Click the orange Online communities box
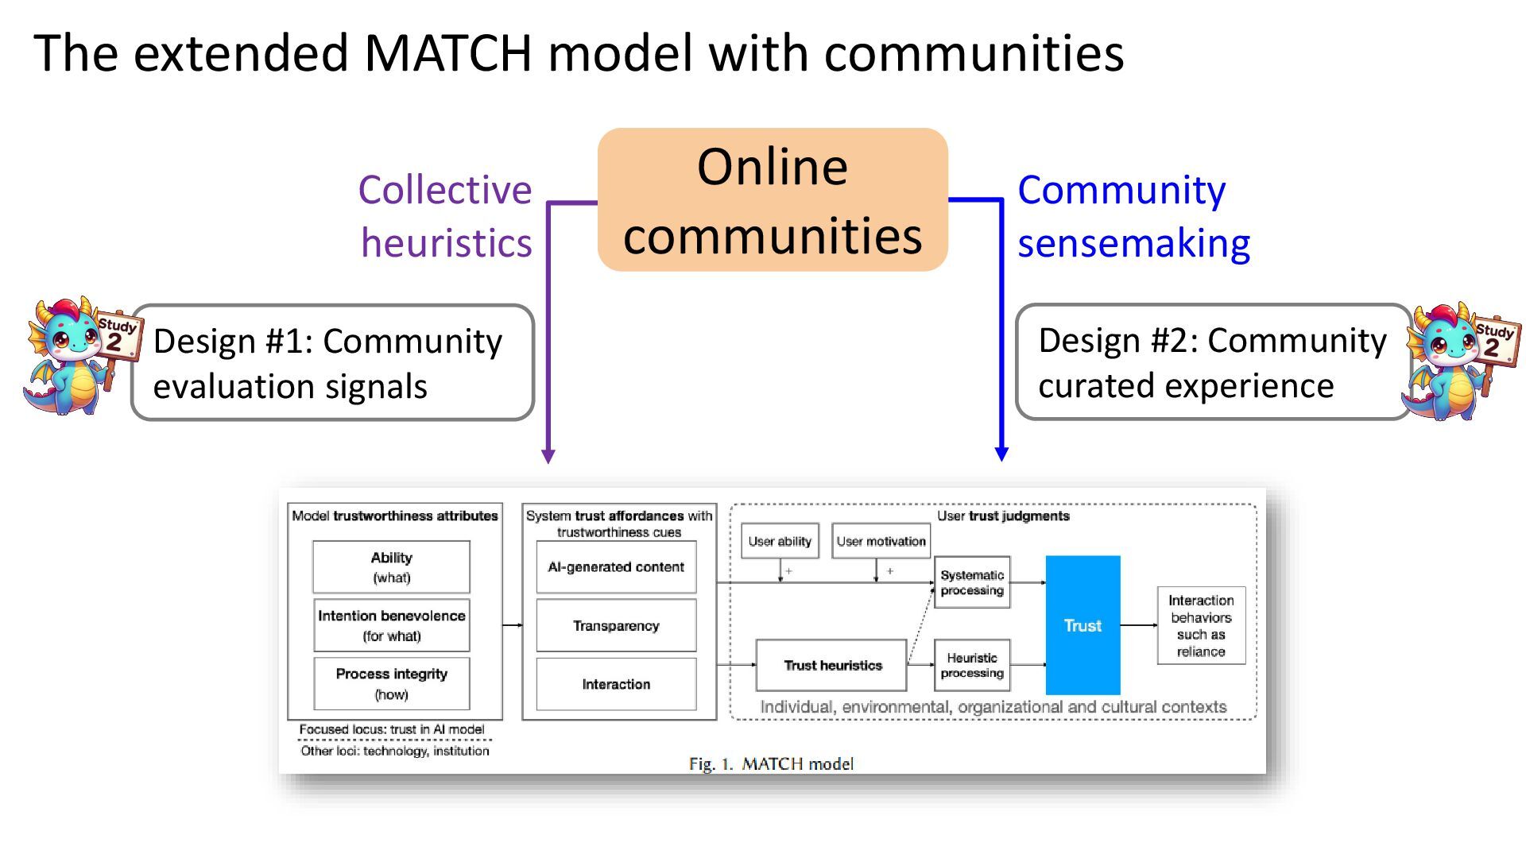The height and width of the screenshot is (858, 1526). [772, 200]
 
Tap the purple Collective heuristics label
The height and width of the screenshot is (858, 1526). [445, 216]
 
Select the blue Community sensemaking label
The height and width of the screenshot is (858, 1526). [1133, 216]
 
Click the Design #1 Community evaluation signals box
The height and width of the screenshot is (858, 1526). [332, 363]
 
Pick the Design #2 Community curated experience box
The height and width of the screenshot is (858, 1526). [1213, 362]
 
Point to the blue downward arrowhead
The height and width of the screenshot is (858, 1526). [1001, 454]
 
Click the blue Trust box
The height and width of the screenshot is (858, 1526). [1083, 625]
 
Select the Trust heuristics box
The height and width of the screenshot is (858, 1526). [831, 665]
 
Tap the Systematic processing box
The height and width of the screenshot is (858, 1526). [971, 582]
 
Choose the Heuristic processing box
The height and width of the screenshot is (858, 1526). [971, 665]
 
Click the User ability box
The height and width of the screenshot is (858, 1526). [779, 541]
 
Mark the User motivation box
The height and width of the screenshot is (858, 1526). [881, 541]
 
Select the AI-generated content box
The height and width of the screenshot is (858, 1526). [616, 566]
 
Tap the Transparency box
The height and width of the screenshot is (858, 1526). [616, 625]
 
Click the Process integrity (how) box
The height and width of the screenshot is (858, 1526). [391, 683]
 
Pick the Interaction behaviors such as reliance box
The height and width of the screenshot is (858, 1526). [1200, 625]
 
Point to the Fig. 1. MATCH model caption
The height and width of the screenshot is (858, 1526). [770, 763]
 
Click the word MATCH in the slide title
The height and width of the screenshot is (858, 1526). [447, 53]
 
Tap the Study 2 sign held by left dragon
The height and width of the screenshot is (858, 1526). [118, 334]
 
